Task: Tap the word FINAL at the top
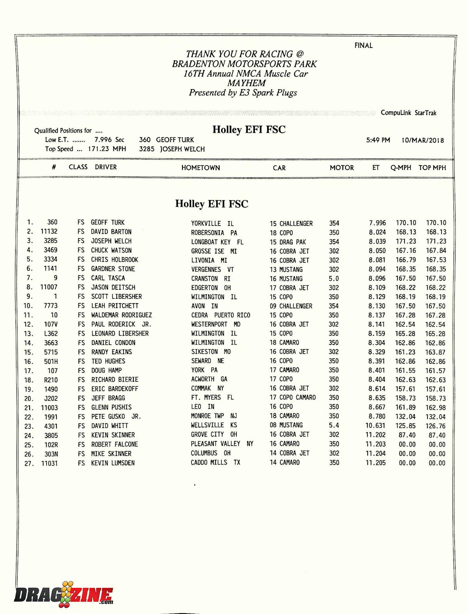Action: pyautogui.click(x=363, y=46)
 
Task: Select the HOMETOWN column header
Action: pyautogui.click(x=200, y=168)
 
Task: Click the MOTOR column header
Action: pyautogui.click(x=342, y=168)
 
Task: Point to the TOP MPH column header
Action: pyautogui.click(x=432, y=168)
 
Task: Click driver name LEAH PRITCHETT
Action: pyautogui.click(x=115, y=306)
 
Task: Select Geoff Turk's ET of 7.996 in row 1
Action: pyautogui.click(x=377, y=223)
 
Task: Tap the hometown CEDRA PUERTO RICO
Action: pyautogui.click(x=220, y=315)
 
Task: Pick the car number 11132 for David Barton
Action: pyautogui.click(x=49, y=232)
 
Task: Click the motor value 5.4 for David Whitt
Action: pyautogui.click(x=334, y=426)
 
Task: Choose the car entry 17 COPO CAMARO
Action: pyautogui.click(x=292, y=398)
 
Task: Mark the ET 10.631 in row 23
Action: pyautogui.click(x=375, y=426)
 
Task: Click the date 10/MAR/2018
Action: pyautogui.click(x=423, y=141)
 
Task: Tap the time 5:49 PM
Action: pyautogui.click(x=378, y=140)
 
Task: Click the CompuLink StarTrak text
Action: pyautogui.click(x=408, y=113)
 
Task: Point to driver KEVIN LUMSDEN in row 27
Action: pyautogui.click(x=113, y=463)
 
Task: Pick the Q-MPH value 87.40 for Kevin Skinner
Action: pyautogui.click(x=407, y=435)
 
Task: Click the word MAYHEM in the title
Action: pyautogui.click(x=246, y=83)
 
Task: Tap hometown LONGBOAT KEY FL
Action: pyautogui.click(x=217, y=242)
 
